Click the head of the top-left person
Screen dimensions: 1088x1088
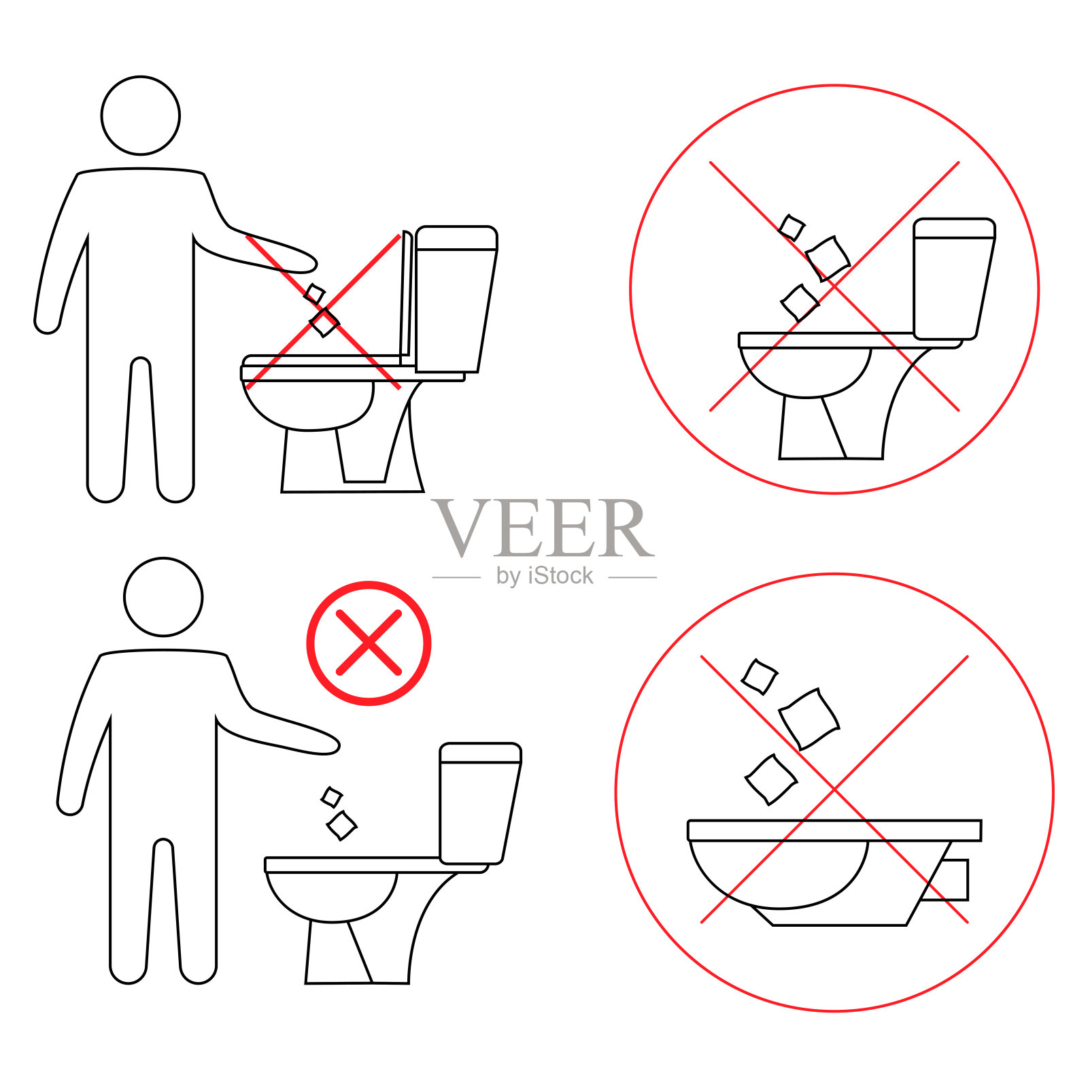pos(141,116)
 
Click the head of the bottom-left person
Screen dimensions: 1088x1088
pos(163,597)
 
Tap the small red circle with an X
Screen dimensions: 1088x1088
pos(369,643)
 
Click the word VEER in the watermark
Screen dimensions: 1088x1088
pos(543,528)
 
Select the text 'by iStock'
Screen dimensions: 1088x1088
pos(545,576)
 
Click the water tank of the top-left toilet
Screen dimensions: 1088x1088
pos(456,299)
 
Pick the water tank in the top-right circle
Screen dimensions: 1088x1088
pos(954,279)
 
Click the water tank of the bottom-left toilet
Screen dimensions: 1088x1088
pos(480,803)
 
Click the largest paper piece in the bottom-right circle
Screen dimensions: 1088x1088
pos(809,718)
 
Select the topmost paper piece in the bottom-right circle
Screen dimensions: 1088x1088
pos(759,677)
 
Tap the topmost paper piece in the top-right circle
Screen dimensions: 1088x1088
pos(792,228)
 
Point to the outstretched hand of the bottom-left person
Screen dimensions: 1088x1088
pos(322,743)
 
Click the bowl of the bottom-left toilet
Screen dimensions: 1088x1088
pos(332,896)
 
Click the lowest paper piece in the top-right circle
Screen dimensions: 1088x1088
pos(800,303)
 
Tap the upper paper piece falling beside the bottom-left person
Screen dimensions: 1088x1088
pos(331,797)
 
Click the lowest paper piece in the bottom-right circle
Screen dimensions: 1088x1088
pos(771,779)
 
